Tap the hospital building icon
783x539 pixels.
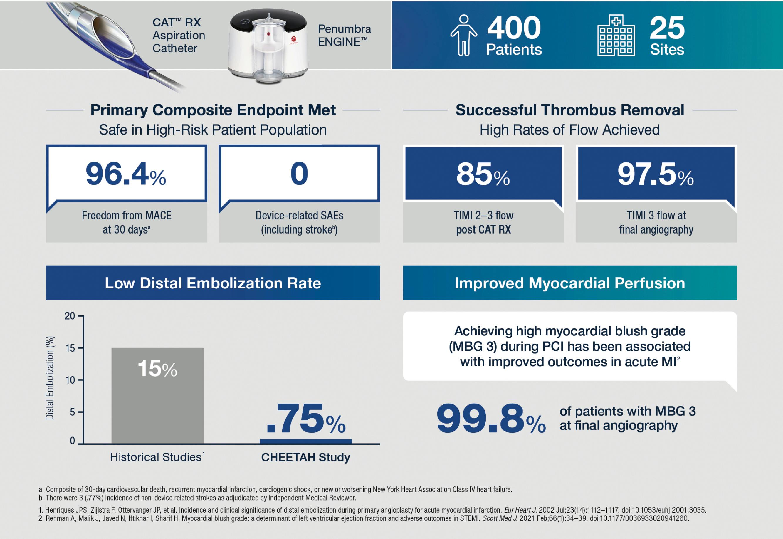click(616, 35)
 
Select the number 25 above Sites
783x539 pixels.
click(667, 28)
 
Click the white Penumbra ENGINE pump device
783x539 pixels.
click(268, 46)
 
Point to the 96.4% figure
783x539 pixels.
click(126, 174)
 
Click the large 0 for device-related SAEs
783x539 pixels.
click(299, 174)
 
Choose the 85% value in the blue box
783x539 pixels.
click(483, 174)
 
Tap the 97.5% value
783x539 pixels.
click(655, 174)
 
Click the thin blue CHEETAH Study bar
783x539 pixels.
click(305, 441)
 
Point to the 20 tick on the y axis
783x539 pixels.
click(70, 316)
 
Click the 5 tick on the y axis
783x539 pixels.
click(72, 412)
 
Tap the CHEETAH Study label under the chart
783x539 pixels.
click(305, 457)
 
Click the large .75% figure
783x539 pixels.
click(305, 419)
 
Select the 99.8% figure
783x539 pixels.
click(490, 419)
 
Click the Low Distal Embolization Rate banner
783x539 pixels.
click(213, 283)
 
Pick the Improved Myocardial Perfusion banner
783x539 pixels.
click(569, 283)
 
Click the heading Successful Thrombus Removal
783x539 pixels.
click(569, 110)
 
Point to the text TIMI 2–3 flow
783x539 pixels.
click(483, 216)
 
